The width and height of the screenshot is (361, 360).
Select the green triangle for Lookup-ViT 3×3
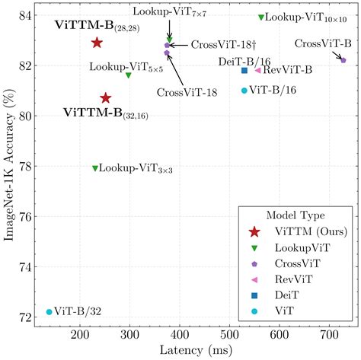(x=95, y=168)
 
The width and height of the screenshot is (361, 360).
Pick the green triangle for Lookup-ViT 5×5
(x=128, y=75)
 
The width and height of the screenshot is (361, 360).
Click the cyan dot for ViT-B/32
(x=50, y=312)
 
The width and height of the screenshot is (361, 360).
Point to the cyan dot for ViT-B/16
(x=244, y=91)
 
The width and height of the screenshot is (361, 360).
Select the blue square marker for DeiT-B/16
(x=244, y=71)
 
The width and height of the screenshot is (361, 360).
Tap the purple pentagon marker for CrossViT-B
(x=343, y=60)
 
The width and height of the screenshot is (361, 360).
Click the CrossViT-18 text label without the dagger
(x=187, y=92)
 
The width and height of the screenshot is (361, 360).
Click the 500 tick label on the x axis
(x=229, y=333)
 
